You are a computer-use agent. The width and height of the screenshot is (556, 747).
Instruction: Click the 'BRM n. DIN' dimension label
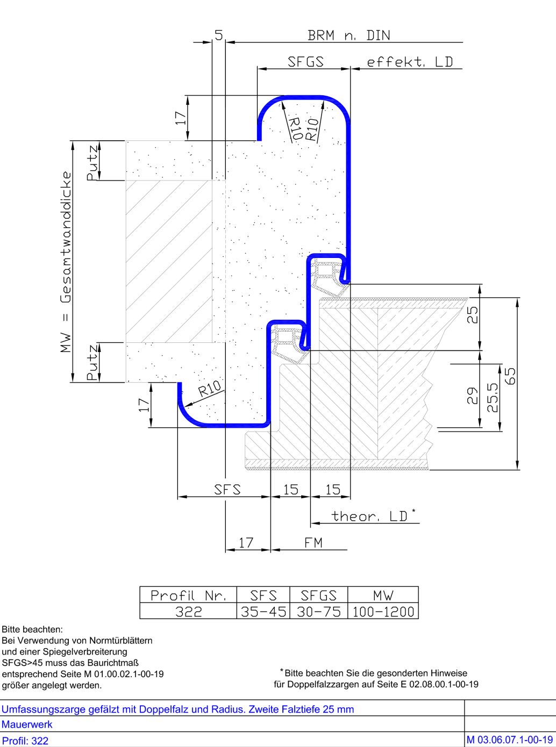348,35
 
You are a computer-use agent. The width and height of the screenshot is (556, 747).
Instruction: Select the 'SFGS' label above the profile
305,62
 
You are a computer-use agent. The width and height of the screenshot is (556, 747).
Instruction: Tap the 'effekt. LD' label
410,62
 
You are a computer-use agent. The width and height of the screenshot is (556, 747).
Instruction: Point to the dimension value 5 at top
218,35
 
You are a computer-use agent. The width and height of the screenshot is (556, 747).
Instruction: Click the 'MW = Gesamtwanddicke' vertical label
66,262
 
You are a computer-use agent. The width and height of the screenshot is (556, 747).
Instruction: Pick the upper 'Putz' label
93,162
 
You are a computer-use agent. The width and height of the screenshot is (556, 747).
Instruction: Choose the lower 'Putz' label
93,363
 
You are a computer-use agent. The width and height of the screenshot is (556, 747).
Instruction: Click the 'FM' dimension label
313,543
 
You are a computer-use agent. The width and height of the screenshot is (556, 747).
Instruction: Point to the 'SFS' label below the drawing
227,490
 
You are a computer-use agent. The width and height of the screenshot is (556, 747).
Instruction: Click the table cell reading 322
188,612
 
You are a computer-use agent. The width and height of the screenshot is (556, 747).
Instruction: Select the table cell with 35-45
263,612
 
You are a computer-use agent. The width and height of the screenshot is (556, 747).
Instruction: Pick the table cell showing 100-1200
383,612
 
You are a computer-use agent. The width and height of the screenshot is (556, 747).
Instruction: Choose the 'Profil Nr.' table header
188,595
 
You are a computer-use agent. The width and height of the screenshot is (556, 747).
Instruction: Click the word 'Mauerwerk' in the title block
27,724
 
